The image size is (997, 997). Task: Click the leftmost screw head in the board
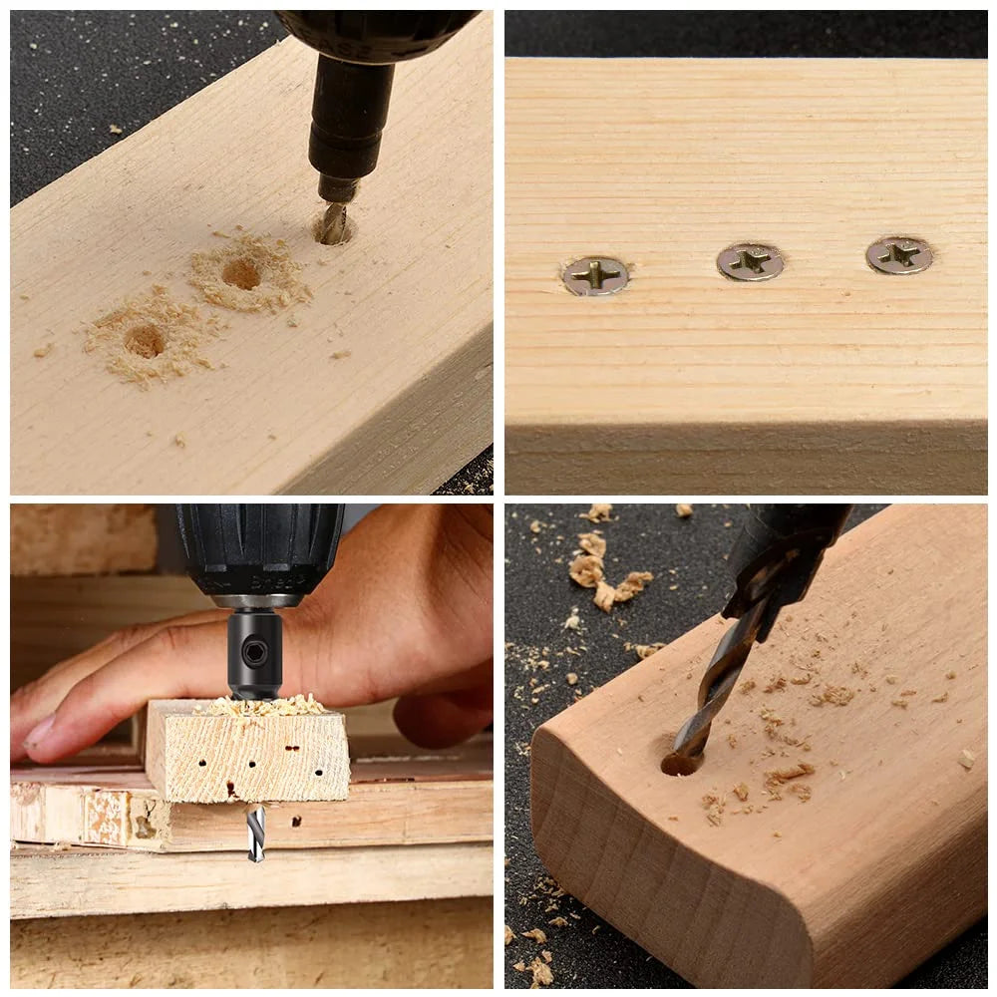[595, 275]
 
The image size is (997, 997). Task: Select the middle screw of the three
[750, 261]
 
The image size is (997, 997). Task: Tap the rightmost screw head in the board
[898, 255]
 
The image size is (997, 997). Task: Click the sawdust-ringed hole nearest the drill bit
[242, 273]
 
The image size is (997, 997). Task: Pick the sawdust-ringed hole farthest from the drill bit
[146, 341]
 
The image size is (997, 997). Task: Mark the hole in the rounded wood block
[681, 763]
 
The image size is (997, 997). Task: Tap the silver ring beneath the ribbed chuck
[257, 601]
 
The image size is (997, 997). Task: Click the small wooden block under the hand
[247, 753]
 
